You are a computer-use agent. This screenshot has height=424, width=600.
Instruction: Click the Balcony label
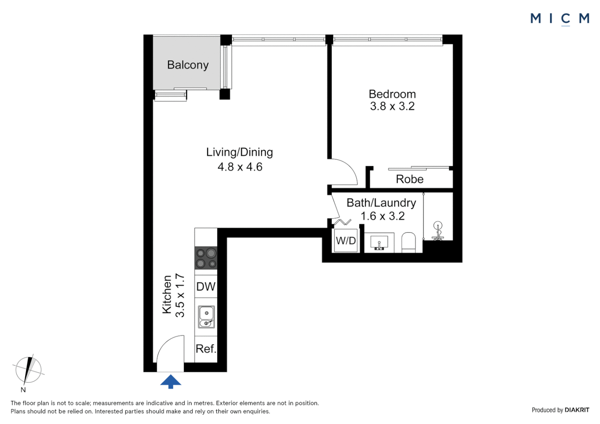coord(188,65)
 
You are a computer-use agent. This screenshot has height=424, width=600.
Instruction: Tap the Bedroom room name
coord(392,94)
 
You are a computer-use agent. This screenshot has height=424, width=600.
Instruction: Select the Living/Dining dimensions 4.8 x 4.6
coord(240,167)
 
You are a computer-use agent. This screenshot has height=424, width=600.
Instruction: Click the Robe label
coord(410,179)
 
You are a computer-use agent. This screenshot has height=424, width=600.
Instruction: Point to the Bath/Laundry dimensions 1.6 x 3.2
coord(382,216)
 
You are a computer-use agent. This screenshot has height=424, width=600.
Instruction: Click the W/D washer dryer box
coord(346,241)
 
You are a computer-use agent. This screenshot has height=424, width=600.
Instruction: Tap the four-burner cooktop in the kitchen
coord(206,258)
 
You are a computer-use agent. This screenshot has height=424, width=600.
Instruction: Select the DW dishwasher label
coord(206,287)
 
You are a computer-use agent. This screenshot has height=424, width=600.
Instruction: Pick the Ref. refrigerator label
coord(206,349)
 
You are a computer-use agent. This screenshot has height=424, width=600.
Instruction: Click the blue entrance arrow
coord(171,381)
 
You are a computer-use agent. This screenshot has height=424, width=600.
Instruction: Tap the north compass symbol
coord(28,370)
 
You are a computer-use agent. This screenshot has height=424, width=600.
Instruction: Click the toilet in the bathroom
coord(408,242)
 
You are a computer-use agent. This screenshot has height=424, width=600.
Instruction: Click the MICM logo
coord(560,18)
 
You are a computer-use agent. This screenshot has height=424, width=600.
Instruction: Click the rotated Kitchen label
coord(167,294)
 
